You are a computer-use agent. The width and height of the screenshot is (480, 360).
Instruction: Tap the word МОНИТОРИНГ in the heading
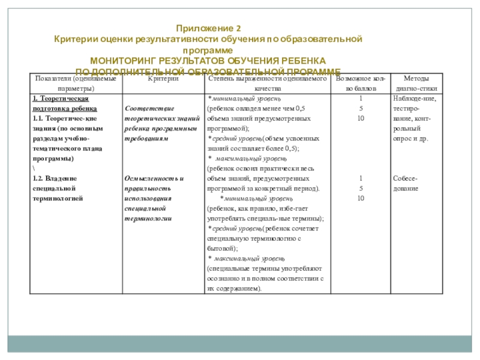point(121,61)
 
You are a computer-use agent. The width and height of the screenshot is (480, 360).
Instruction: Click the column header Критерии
point(163,79)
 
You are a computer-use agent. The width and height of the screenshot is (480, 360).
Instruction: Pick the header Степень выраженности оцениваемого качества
point(266,83)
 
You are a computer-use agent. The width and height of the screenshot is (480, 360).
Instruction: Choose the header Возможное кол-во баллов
point(359,83)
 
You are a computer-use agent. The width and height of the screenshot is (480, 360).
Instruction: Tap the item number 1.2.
point(37,179)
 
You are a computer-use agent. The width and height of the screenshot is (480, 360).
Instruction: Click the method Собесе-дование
point(407,184)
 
